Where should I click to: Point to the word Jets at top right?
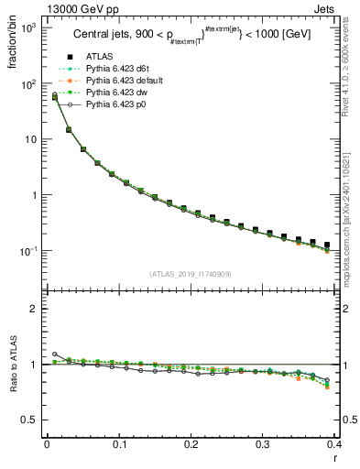coord(338,9)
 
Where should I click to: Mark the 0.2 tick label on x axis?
coord(191,445)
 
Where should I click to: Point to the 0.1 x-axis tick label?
coord(119,445)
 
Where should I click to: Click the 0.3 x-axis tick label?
coord(263,445)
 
